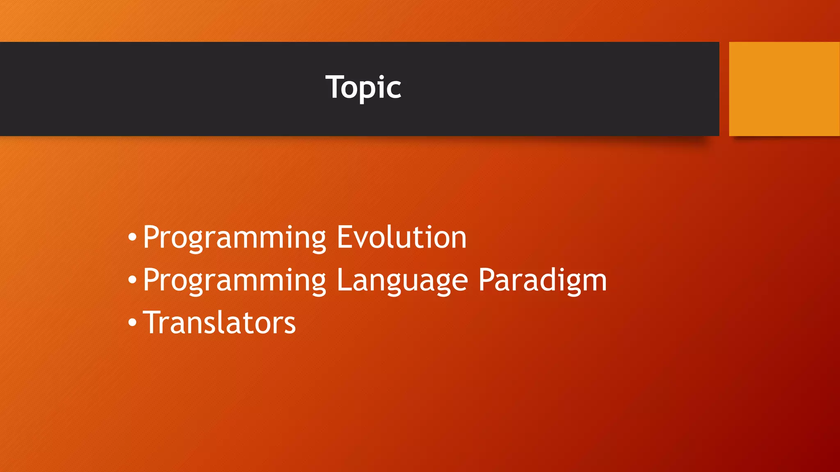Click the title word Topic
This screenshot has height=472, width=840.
click(x=363, y=87)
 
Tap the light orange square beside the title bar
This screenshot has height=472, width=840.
click(x=784, y=88)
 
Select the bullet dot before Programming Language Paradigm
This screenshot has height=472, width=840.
click(x=132, y=280)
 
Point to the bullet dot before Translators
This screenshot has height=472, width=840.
click(x=132, y=322)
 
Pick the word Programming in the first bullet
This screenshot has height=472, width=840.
click(x=234, y=238)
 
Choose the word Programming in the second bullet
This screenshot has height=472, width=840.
click(x=234, y=281)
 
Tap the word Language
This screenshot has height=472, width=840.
click(x=402, y=281)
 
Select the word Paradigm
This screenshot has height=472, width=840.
click(x=542, y=281)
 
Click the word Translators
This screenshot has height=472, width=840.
click(x=219, y=322)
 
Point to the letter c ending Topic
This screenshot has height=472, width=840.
click(x=394, y=89)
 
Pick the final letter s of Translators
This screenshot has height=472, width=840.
click(x=290, y=324)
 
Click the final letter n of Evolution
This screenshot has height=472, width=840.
click(x=458, y=239)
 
